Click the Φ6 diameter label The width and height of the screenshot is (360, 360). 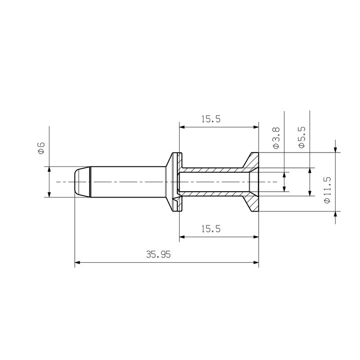(40, 148)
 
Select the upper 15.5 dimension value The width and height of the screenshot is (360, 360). (211, 119)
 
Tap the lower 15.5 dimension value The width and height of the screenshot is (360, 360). (211, 229)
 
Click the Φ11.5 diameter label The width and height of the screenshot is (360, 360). (327, 189)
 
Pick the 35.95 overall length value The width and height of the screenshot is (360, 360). (158, 254)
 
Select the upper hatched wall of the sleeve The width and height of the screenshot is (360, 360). (211, 170)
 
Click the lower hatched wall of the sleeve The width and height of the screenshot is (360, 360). (211, 194)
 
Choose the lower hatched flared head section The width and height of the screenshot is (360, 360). (252, 202)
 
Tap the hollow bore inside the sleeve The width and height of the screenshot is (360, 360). (211, 182)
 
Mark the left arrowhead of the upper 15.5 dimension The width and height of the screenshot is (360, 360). (183, 127)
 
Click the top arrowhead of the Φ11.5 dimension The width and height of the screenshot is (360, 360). (335, 149)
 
